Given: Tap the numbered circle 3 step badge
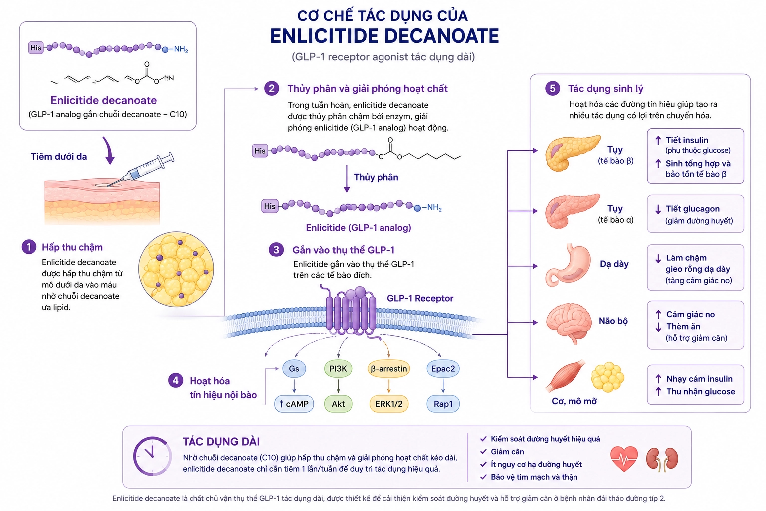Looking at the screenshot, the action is (276, 250).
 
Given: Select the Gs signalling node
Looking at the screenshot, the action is (294, 369).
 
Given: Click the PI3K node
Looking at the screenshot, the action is (338, 369).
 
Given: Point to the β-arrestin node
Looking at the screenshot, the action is (389, 369).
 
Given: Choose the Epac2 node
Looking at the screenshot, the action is (443, 369).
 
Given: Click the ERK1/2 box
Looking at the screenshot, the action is (389, 404).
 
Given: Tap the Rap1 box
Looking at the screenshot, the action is (443, 404).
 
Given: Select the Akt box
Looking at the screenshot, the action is (338, 404).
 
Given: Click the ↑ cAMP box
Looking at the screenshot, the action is (294, 404).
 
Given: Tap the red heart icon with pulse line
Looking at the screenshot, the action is (624, 459).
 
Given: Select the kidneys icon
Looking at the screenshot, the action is (662, 459).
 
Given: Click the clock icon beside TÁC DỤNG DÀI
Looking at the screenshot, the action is (152, 456).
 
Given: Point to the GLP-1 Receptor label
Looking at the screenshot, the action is (420, 298).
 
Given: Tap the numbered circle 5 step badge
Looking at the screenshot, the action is (552, 89).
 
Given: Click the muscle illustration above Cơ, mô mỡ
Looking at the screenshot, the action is (565, 376).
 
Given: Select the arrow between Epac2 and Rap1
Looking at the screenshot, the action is (443, 386).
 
